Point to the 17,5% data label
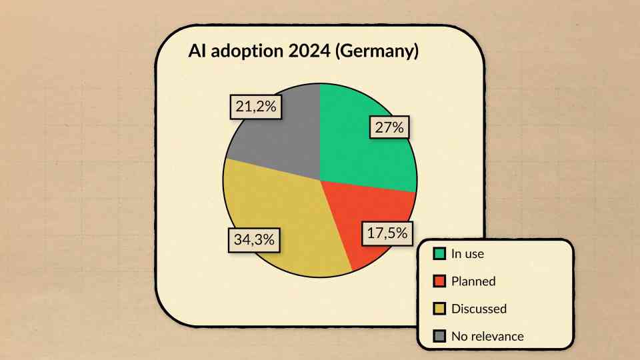[387, 233]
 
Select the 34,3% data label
[254, 239]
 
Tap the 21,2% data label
[255, 105]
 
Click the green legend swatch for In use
[439, 253]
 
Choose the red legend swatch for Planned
[439, 281]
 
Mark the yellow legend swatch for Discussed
[439, 309]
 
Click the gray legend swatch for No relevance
[439, 336]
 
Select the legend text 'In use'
[467, 253]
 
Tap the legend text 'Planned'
[473, 281]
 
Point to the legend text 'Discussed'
[479, 309]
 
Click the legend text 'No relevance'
[487, 336]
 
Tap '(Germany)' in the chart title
[377, 52]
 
